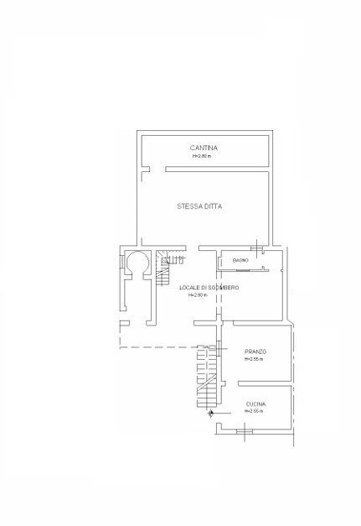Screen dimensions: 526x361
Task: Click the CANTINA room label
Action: point(204,148)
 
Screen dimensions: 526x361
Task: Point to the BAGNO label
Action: point(229,261)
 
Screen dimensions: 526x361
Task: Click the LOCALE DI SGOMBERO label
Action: point(209,288)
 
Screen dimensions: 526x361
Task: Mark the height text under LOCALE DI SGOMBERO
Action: point(197,295)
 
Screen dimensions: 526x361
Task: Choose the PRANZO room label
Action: point(255,351)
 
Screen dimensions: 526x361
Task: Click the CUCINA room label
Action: point(255,404)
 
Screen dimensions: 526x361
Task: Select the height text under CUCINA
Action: point(253,412)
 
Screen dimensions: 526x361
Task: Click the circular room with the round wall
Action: point(137,264)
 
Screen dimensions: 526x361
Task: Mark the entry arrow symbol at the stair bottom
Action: point(210,413)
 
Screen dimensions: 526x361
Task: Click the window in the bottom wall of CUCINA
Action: point(244,431)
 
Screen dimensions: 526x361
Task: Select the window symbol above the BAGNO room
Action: point(262,248)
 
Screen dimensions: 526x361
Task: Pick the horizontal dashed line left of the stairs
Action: point(155,347)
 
